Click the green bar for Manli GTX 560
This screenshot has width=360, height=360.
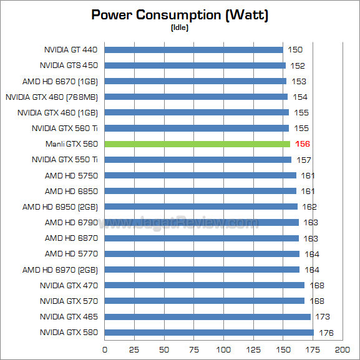197,144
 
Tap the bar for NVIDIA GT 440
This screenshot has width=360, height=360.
193,50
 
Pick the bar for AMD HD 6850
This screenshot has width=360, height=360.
200,191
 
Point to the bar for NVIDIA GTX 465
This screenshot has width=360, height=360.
207,317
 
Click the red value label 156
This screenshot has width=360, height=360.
303,144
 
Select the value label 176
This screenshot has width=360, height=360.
327,333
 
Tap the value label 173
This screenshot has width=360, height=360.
324,317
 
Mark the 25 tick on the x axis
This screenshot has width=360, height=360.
134,349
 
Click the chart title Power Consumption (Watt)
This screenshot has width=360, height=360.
180,15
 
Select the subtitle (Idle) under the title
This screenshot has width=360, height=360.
180,27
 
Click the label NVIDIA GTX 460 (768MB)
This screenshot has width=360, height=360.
53,97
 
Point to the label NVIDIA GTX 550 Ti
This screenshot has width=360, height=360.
65,160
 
